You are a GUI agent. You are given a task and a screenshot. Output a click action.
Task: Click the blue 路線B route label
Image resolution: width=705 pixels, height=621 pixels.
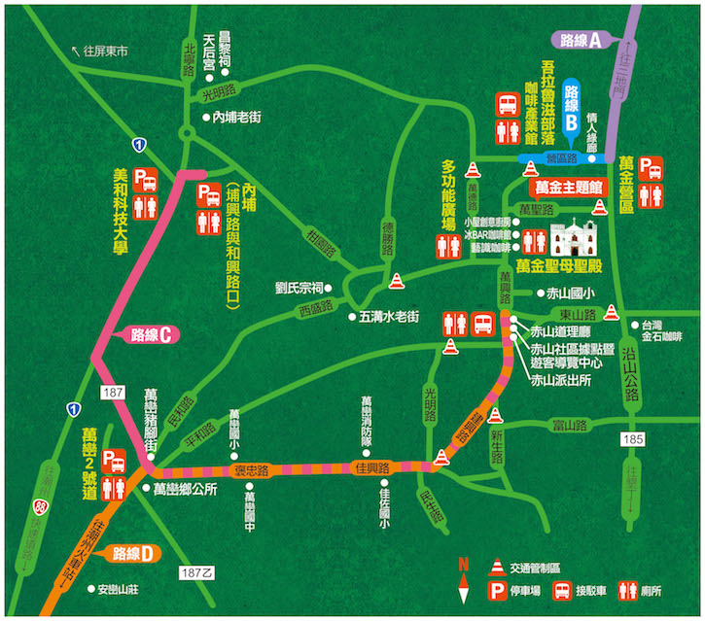(x=572, y=105)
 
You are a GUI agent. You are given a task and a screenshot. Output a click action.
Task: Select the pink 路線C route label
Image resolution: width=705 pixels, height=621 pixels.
(x=148, y=335)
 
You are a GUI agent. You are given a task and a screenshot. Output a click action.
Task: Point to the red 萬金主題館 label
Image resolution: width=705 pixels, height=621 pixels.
(x=565, y=185)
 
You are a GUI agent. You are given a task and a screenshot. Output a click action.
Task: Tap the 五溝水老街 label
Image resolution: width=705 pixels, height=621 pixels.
(x=388, y=316)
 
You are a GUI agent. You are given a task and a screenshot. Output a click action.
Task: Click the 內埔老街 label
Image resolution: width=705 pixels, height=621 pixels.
(x=237, y=118)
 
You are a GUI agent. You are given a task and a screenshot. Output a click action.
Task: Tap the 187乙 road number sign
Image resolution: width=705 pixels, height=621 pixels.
(x=195, y=573)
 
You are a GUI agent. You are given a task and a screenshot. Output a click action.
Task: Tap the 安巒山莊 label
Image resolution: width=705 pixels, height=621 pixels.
(x=122, y=588)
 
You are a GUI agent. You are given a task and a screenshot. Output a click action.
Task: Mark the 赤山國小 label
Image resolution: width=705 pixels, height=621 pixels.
(x=573, y=293)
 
